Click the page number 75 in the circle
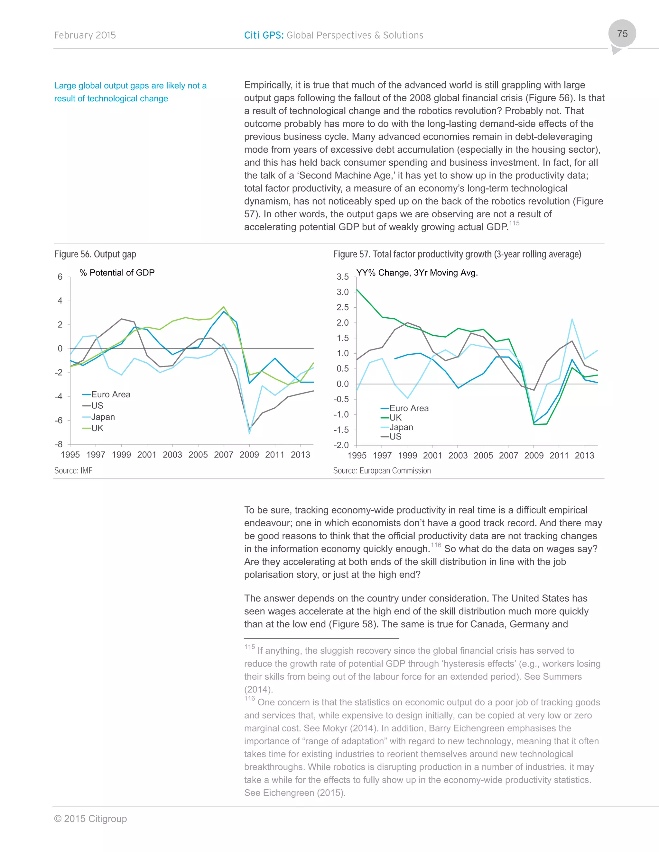[622, 34]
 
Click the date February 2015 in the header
[85, 35]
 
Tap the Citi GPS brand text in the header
[264, 35]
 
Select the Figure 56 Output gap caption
[95, 254]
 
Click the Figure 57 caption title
[457, 254]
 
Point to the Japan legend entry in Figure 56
[103, 417]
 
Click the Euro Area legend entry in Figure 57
[409, 408]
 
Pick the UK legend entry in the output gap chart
[97, 428]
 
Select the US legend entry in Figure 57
[395, 437]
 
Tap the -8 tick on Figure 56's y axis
[59, 444]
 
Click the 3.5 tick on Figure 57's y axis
[342, 277]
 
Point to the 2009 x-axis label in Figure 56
[249, 455]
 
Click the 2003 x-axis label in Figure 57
[458, 456]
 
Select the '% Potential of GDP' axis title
[117, 273]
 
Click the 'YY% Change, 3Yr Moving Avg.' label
[417, 273]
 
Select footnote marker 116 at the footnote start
[249, 698]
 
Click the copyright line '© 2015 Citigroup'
[90, 819]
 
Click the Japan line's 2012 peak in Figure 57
[572, 319]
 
